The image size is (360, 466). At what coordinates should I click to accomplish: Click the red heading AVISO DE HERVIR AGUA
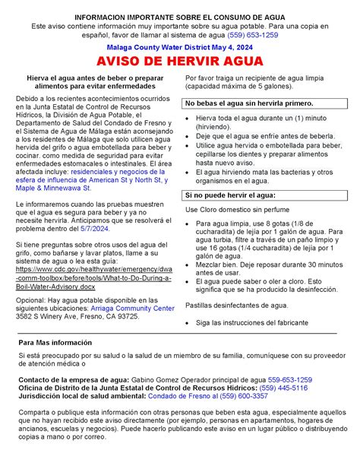point(180,61)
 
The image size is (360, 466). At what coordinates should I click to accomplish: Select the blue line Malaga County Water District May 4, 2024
point(180,46)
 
